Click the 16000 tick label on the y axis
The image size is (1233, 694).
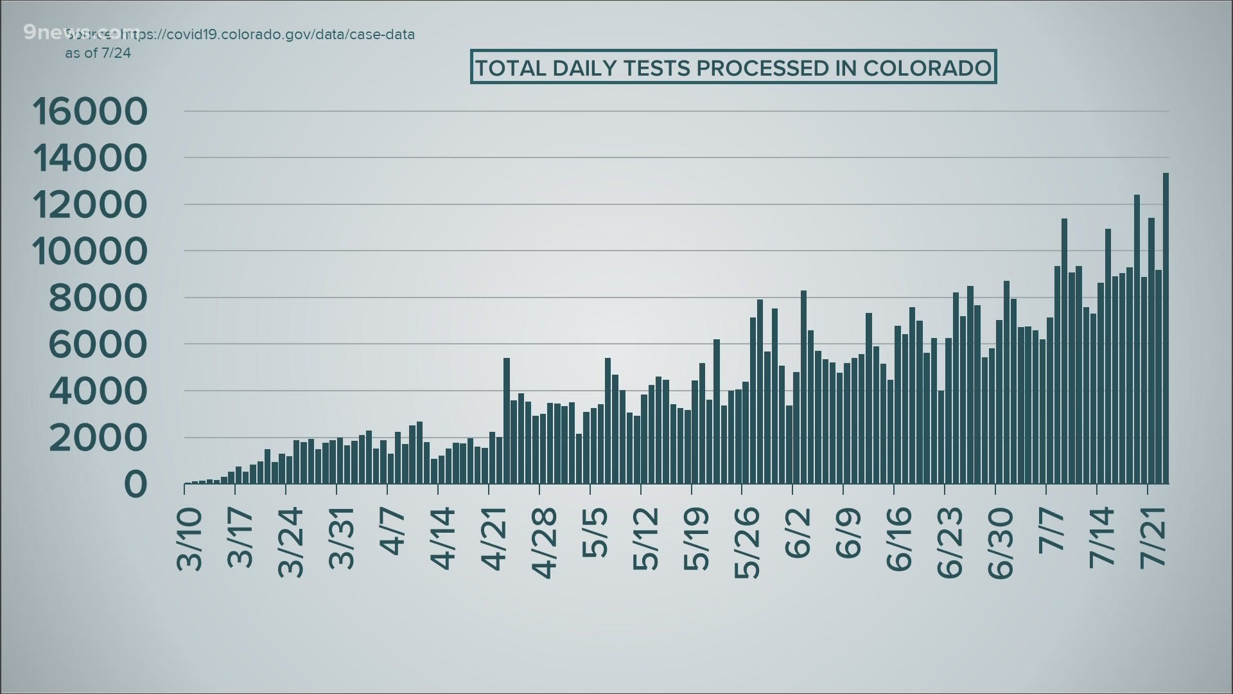(x=89, y=111)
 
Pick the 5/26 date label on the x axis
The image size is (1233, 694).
(x=749, y=544)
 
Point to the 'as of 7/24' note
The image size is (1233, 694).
(x=98, y=53)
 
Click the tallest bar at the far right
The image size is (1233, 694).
(x=1166, y=328)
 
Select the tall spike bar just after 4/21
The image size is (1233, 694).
(x=507, y=421)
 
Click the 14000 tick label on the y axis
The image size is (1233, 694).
(x=89, y=158)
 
